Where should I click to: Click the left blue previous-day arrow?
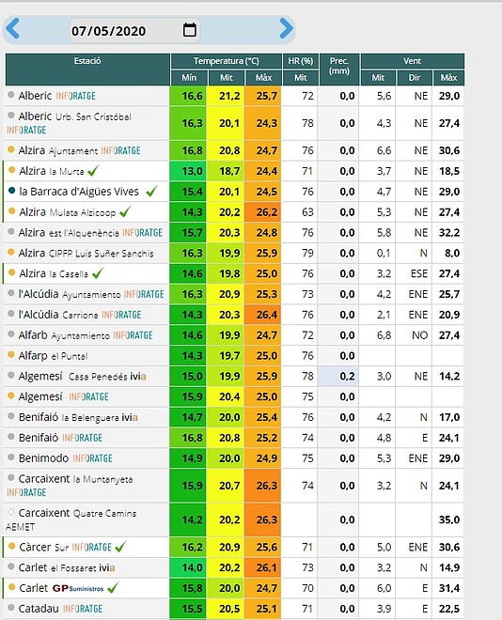(12, 28)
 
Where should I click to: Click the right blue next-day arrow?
(286, 28)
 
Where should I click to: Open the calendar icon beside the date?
(190, 30)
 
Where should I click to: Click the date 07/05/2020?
(108, 31)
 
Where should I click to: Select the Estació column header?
(87, 61)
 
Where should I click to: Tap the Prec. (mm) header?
(339, 66)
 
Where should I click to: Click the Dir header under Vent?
(415, 77)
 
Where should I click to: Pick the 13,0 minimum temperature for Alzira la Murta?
(193, 171)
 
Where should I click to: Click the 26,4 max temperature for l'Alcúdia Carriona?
(267, 315)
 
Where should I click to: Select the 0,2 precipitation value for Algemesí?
(347, 376)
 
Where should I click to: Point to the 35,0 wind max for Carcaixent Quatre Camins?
(449, 519)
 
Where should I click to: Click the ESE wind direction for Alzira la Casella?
(419, 273)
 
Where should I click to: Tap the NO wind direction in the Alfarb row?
(419, 335)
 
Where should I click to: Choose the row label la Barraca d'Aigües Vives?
(79, 192)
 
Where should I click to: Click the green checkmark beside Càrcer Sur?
(120, 547)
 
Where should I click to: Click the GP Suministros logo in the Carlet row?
(78, 588)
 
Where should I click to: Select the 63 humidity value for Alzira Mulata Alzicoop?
(307, 212)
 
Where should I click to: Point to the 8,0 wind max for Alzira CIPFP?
(452, 253)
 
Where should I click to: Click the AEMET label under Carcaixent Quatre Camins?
(21, 527)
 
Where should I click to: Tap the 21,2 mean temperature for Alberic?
(229, 96)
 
